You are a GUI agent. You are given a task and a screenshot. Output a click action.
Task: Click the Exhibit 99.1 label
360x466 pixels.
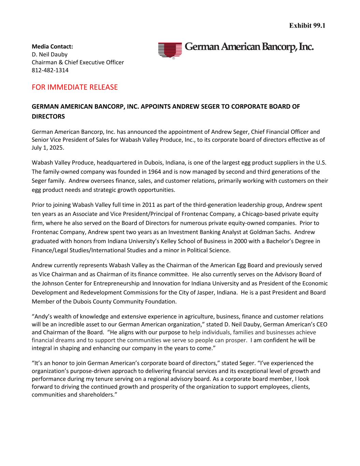307,26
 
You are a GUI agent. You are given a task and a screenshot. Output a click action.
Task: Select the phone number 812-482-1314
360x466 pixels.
50,70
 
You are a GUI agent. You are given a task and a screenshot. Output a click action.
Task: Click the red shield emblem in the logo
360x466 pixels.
170,50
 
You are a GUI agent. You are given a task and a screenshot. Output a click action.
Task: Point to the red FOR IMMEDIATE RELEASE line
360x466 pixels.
74,87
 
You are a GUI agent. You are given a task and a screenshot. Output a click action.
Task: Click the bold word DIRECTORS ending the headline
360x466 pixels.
48,116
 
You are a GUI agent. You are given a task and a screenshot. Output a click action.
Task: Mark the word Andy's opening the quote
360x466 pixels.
42,317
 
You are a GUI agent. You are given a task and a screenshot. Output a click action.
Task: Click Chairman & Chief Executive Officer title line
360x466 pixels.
78,62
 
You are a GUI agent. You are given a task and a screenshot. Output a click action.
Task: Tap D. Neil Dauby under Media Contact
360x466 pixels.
49,55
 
